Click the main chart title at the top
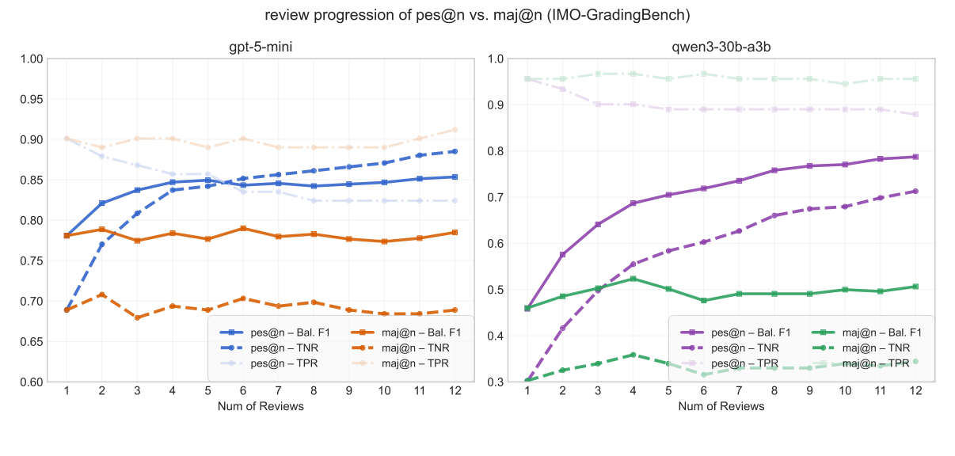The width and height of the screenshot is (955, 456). tap(477, 14)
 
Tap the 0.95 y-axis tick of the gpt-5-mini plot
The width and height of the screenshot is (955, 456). tap(32, 99)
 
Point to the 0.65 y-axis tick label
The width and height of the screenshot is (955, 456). tap(32, 342)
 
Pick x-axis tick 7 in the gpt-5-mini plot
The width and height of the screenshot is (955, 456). tap(278, 391)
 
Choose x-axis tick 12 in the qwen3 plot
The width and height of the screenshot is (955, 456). tap(915, 391)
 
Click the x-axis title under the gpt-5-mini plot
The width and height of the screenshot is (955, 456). tap(261, 406)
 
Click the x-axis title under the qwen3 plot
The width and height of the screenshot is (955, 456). tap(721, 406)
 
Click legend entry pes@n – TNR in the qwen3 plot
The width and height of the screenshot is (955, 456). tap(744, 348)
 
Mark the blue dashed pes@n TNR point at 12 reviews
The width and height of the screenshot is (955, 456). tap(454, 151)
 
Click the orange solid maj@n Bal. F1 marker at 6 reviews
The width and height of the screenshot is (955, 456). tap(243, 228)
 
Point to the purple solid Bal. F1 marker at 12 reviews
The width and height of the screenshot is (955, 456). tap(915, 157)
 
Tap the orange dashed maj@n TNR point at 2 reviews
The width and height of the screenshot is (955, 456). tap(101, 294)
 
